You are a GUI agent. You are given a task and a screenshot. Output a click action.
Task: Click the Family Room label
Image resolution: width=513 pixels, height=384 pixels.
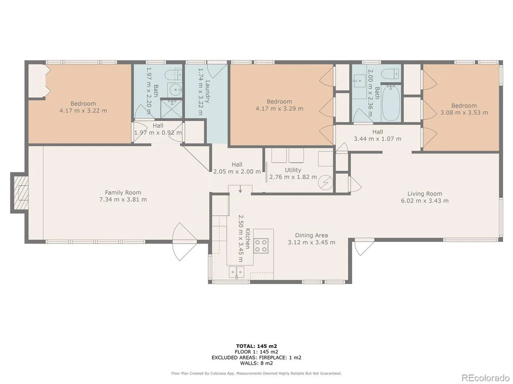123,192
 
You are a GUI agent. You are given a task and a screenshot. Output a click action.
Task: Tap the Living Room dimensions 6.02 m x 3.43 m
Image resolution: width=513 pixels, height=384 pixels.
425,201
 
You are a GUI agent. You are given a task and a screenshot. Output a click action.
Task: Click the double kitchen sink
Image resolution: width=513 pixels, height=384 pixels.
236,271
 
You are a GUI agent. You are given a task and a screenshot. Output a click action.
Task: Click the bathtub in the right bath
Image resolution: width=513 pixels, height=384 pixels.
391,103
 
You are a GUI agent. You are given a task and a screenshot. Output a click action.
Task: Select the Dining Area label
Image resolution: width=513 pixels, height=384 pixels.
312,235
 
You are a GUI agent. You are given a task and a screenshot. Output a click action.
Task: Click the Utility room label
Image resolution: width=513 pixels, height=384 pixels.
293,170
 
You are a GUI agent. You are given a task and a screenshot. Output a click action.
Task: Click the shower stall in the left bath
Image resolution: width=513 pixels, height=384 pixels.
172,108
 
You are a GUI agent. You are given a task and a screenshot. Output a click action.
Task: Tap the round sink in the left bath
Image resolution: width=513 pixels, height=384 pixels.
176,89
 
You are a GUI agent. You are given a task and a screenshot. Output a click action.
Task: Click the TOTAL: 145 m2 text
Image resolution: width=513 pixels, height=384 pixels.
257,346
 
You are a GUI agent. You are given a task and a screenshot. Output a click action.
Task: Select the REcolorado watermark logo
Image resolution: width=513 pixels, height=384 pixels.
485,378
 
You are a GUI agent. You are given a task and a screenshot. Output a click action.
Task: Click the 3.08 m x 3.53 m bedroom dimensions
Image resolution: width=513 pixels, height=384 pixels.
464,112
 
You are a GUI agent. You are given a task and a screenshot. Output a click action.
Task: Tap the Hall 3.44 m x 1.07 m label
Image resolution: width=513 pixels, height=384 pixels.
378,135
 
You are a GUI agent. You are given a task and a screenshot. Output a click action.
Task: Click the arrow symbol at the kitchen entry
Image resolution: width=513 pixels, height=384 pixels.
240,189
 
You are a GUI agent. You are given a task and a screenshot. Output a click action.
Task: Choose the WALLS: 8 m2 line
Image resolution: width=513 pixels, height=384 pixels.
257,363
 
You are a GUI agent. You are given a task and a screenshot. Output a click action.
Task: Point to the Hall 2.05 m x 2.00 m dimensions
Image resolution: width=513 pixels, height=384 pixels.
237,171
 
